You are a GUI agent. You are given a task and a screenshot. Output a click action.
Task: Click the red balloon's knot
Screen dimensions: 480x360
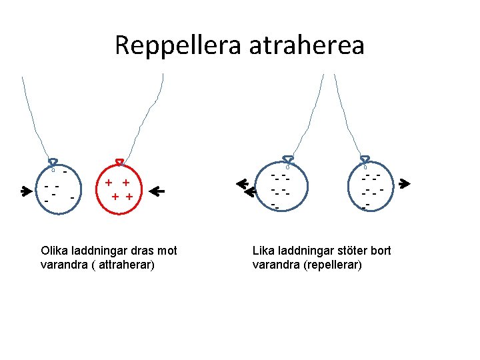point(120,161)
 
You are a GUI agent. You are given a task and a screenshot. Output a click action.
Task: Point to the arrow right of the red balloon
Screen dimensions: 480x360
point(157,191)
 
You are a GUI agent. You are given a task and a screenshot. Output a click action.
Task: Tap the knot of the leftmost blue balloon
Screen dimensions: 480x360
point(53,161)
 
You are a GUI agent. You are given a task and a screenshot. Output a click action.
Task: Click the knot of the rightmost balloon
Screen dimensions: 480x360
point(365,160)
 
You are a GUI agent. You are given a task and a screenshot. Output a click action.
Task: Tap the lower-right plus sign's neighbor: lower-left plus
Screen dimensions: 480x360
point(116,196)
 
